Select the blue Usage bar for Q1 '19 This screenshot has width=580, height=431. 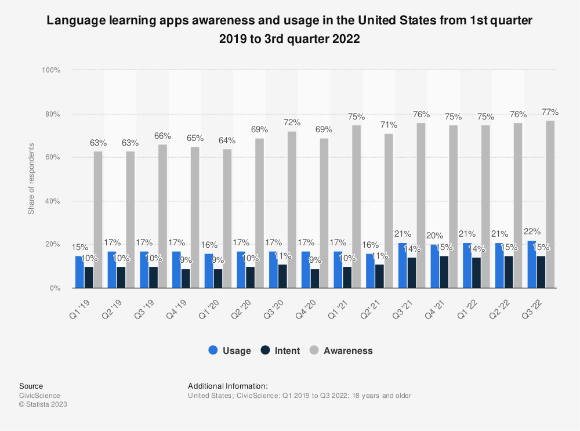click(x=79, y=272)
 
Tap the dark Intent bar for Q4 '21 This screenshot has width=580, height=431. click(x=444, y=272)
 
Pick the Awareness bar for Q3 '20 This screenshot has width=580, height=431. click(x=291, y=209)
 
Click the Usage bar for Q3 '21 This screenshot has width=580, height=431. click(x=402, y=266)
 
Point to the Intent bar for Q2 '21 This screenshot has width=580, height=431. click(x=379, y=276)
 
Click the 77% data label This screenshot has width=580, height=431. click(x=550, y=112)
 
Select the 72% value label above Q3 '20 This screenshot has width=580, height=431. click(x=292, y=122)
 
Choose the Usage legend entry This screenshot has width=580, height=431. click(x=230, y=350)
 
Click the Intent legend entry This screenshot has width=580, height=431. click(x=281, y=350)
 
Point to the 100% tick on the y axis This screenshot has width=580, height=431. click(x=51, y=70)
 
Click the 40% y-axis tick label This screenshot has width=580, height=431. click(x=53, y=201)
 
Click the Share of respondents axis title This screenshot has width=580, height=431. click(x=31, y=179)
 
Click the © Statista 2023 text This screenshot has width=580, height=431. click(x=43, y=404)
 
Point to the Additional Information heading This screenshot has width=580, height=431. click(x=227, y=386)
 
